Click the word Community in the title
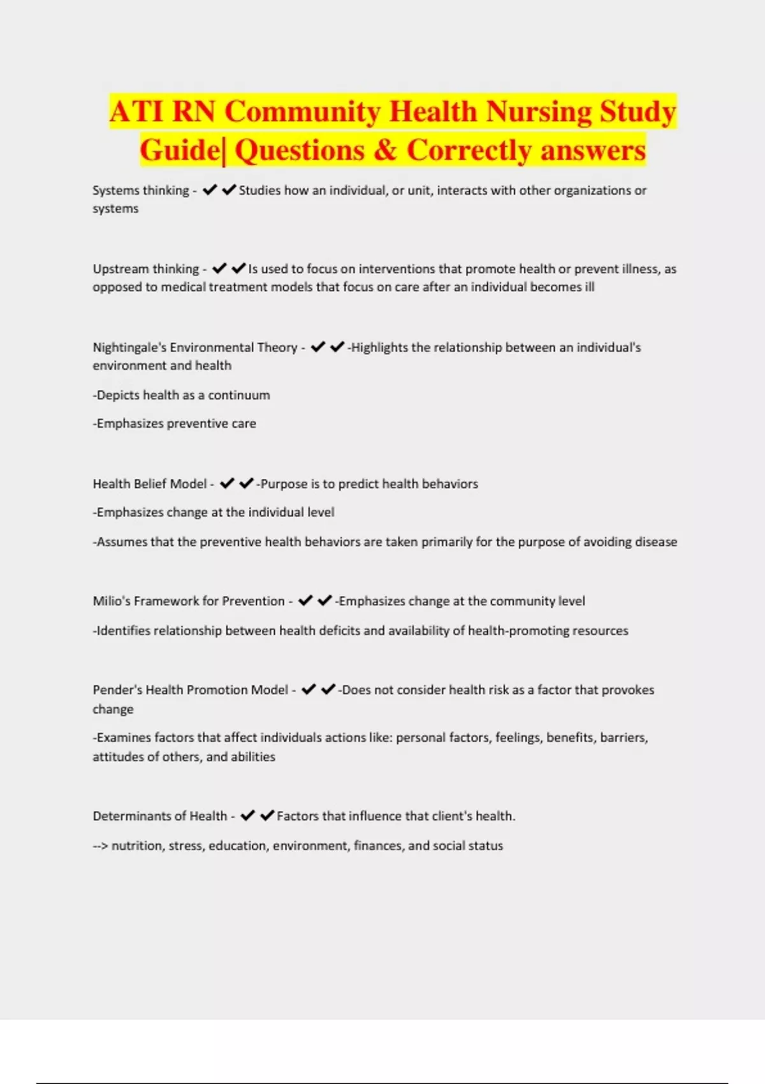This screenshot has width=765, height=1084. (303, 112)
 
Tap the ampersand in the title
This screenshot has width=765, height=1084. (385, 150)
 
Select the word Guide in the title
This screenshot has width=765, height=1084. (179, 150)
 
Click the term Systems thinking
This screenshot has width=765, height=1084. (140, 191)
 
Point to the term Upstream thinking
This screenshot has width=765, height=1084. (145, 269)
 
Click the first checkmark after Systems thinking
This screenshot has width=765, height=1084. (210, 190)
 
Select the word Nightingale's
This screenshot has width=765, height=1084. (129, 348)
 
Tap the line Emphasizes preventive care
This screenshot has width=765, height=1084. (175, 423)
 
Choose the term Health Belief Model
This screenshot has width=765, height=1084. (150, 484)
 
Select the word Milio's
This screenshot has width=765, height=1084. (111, 601)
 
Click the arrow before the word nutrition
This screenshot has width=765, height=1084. (100, 846)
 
